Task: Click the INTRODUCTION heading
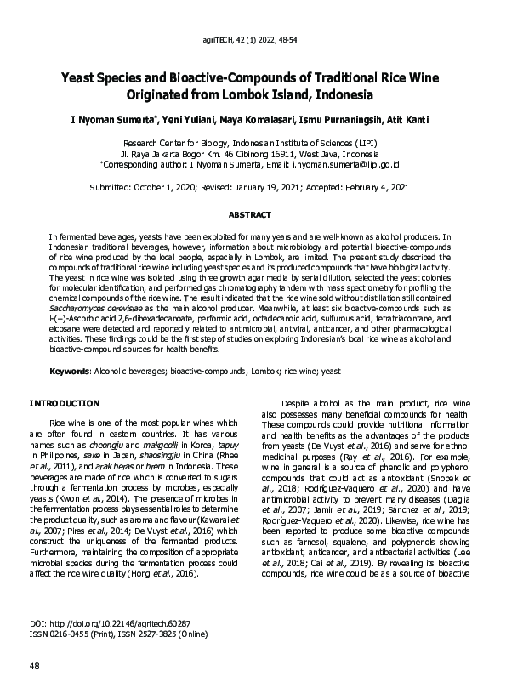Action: tap(65, 402)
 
